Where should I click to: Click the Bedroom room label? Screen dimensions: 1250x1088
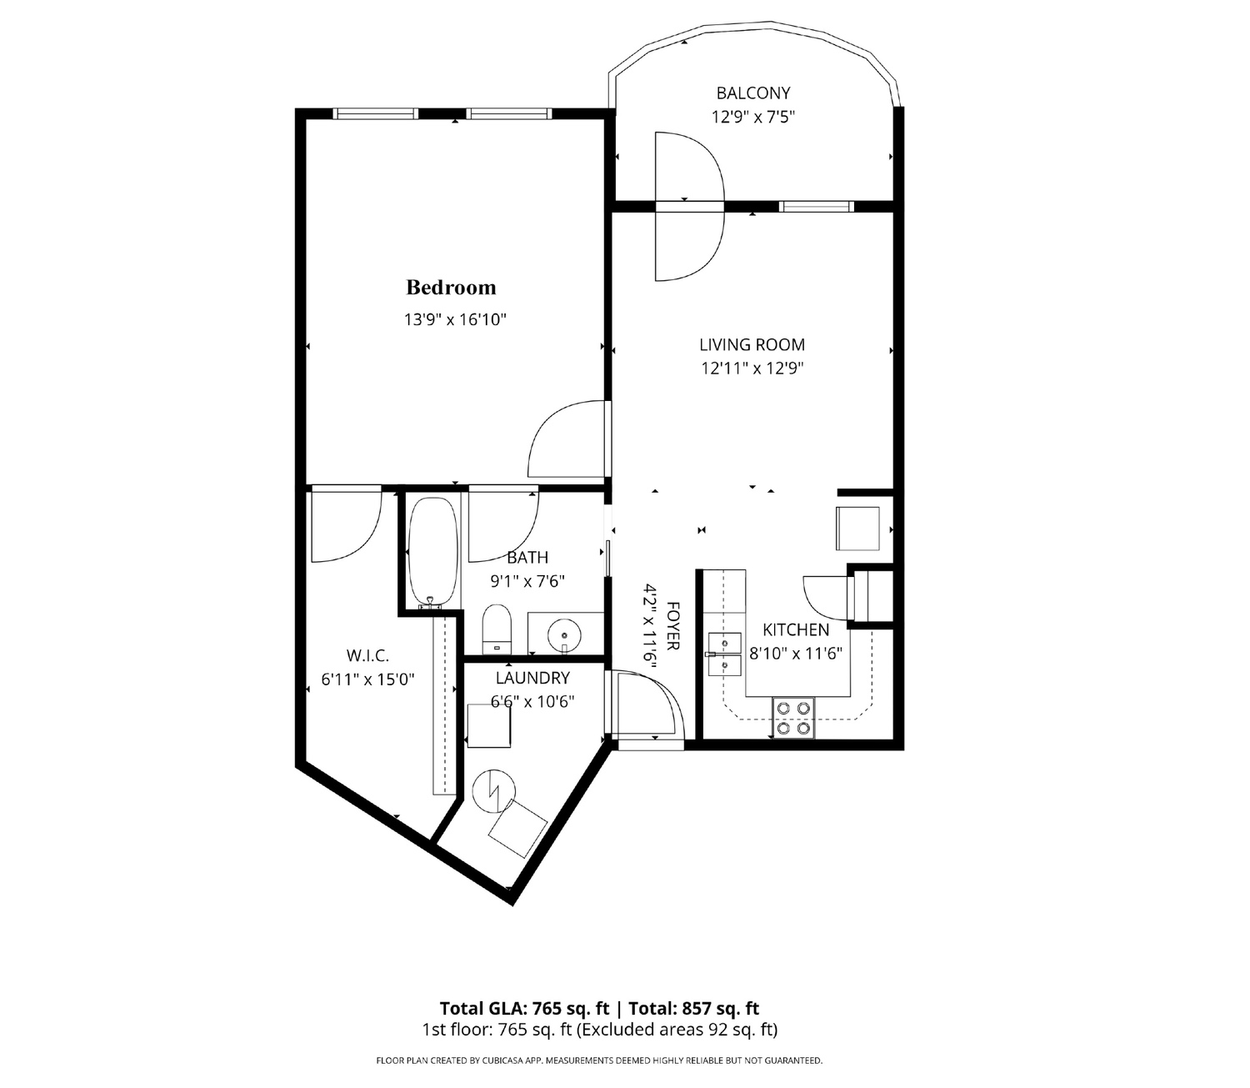[451, 288]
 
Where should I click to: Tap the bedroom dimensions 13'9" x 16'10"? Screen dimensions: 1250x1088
[455, 319]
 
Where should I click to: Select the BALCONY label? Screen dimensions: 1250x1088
[753, 93]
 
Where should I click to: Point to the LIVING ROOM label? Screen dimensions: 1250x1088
[752, 344]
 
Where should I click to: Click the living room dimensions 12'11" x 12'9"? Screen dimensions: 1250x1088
[752, 369]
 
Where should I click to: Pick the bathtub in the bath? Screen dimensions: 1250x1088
[432, 553]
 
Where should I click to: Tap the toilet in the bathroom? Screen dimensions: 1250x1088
[497, 629]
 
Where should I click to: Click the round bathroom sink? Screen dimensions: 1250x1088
[563, 634]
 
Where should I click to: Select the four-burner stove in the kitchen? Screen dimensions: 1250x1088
[793, 718]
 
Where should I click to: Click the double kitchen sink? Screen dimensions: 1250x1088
[725, 654]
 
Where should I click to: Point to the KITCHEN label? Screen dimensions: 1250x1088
[796, 629]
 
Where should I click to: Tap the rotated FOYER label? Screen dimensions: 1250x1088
[672, 626]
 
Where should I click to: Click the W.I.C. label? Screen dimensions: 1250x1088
[367, 656]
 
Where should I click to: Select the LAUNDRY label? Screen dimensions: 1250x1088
[532, 678]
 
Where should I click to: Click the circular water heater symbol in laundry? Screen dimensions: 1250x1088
[493, 791]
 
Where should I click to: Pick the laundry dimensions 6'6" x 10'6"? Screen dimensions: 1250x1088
[533, 702]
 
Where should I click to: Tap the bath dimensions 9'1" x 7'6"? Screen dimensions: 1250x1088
[527, 580]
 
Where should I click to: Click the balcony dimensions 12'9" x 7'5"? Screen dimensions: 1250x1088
[753, 117]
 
